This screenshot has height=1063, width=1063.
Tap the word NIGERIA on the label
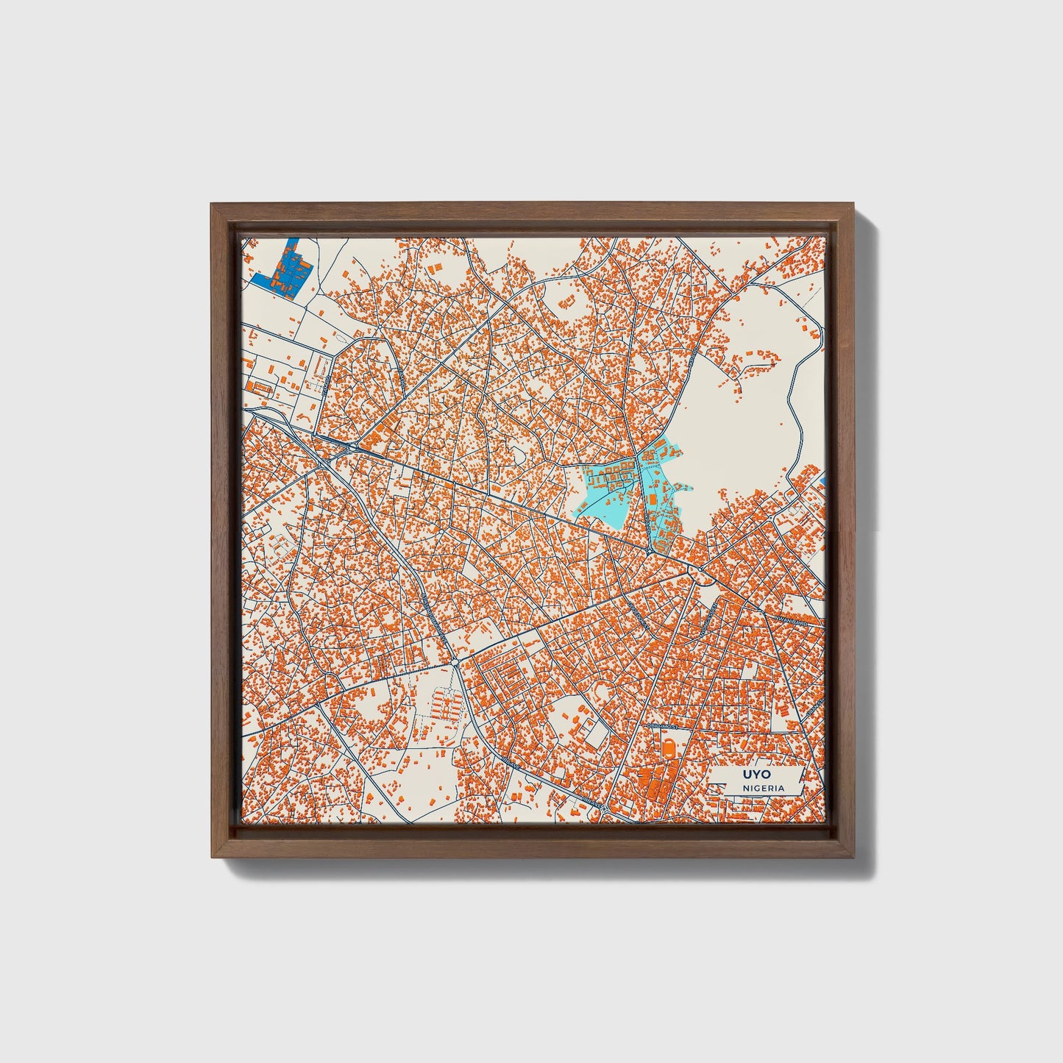click(x=762, y=789)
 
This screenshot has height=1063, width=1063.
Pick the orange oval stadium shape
click(x=668, y=746)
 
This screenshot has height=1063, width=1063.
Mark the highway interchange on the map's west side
click(x=353, y=446)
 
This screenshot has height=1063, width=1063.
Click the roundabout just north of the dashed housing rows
click(x=456, y=664)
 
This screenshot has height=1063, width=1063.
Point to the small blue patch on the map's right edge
click(x=823, y=482)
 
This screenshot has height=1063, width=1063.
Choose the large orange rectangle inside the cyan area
click(x=652, y=500)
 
